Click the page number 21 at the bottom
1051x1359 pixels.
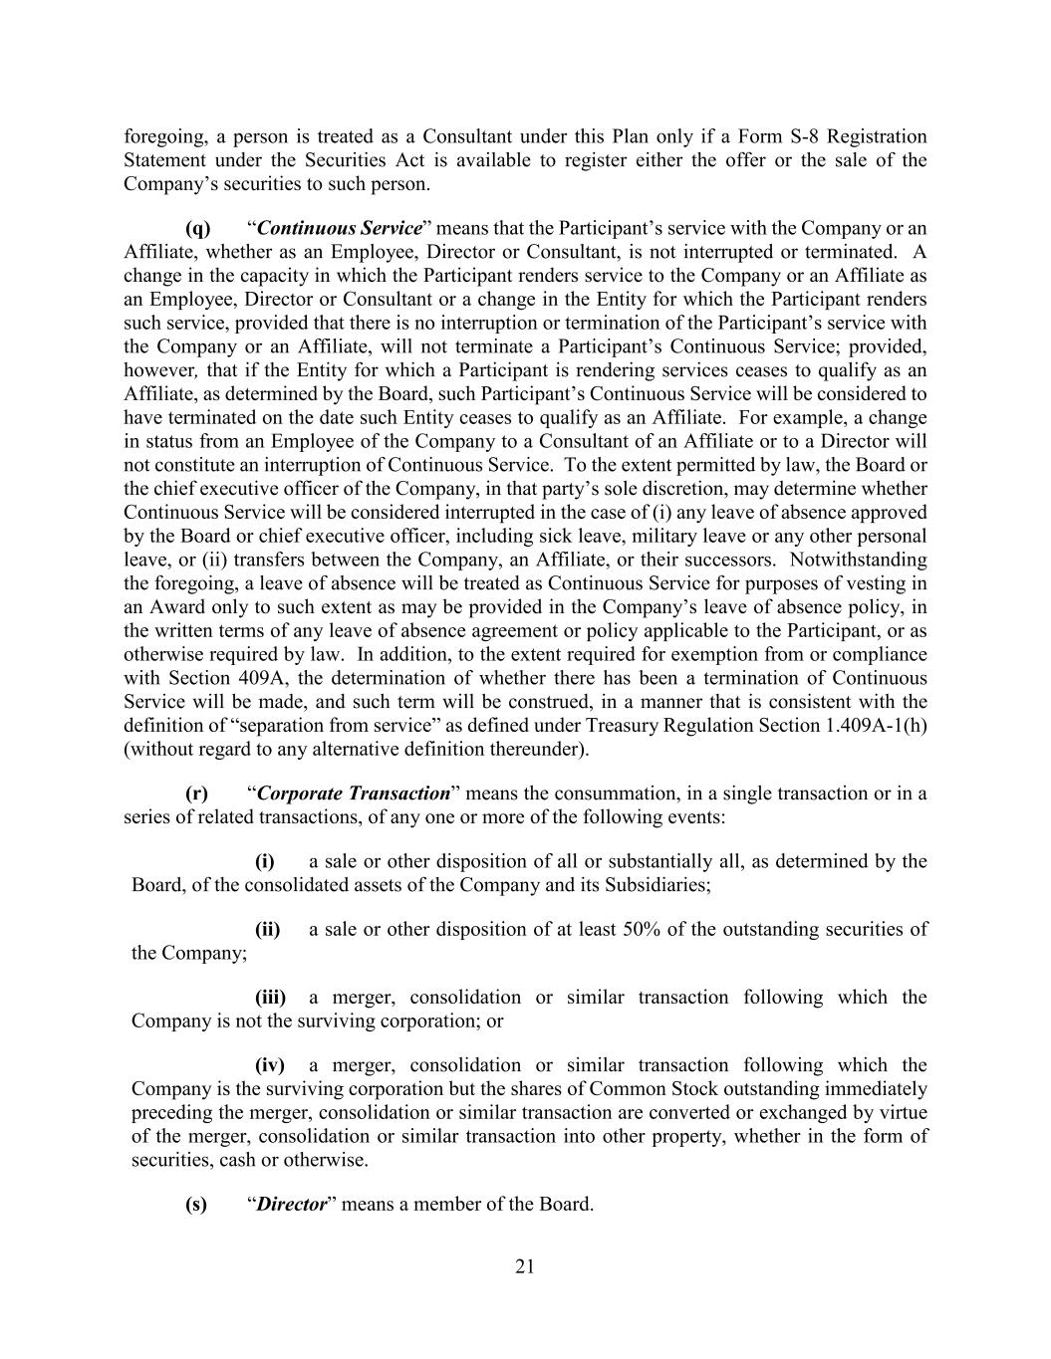tap(525, 1266)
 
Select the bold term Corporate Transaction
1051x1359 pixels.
tap(354, 793)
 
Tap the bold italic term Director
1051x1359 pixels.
tap(292, 1204)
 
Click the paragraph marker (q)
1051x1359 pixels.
tap(197, 228)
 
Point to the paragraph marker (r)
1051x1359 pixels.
tap(196, 793)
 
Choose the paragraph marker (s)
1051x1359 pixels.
tap(196, 1204)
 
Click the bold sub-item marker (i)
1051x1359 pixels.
tap(264, 861)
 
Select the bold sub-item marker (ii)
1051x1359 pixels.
tap(268, 929)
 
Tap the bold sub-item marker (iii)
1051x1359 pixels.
tap(270, 997)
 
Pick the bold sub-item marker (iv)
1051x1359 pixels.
tap(270, 1064)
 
